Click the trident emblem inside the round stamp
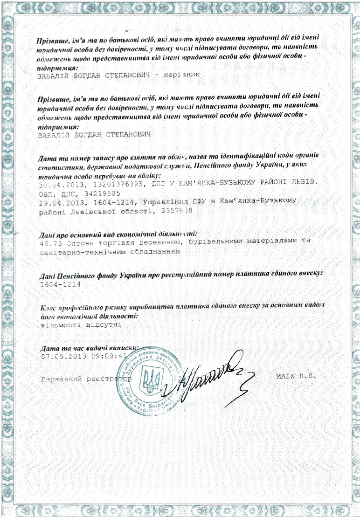[x=149, y=380]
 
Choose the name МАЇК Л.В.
[x=296, y=376]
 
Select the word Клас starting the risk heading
[x=49, y=307]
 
